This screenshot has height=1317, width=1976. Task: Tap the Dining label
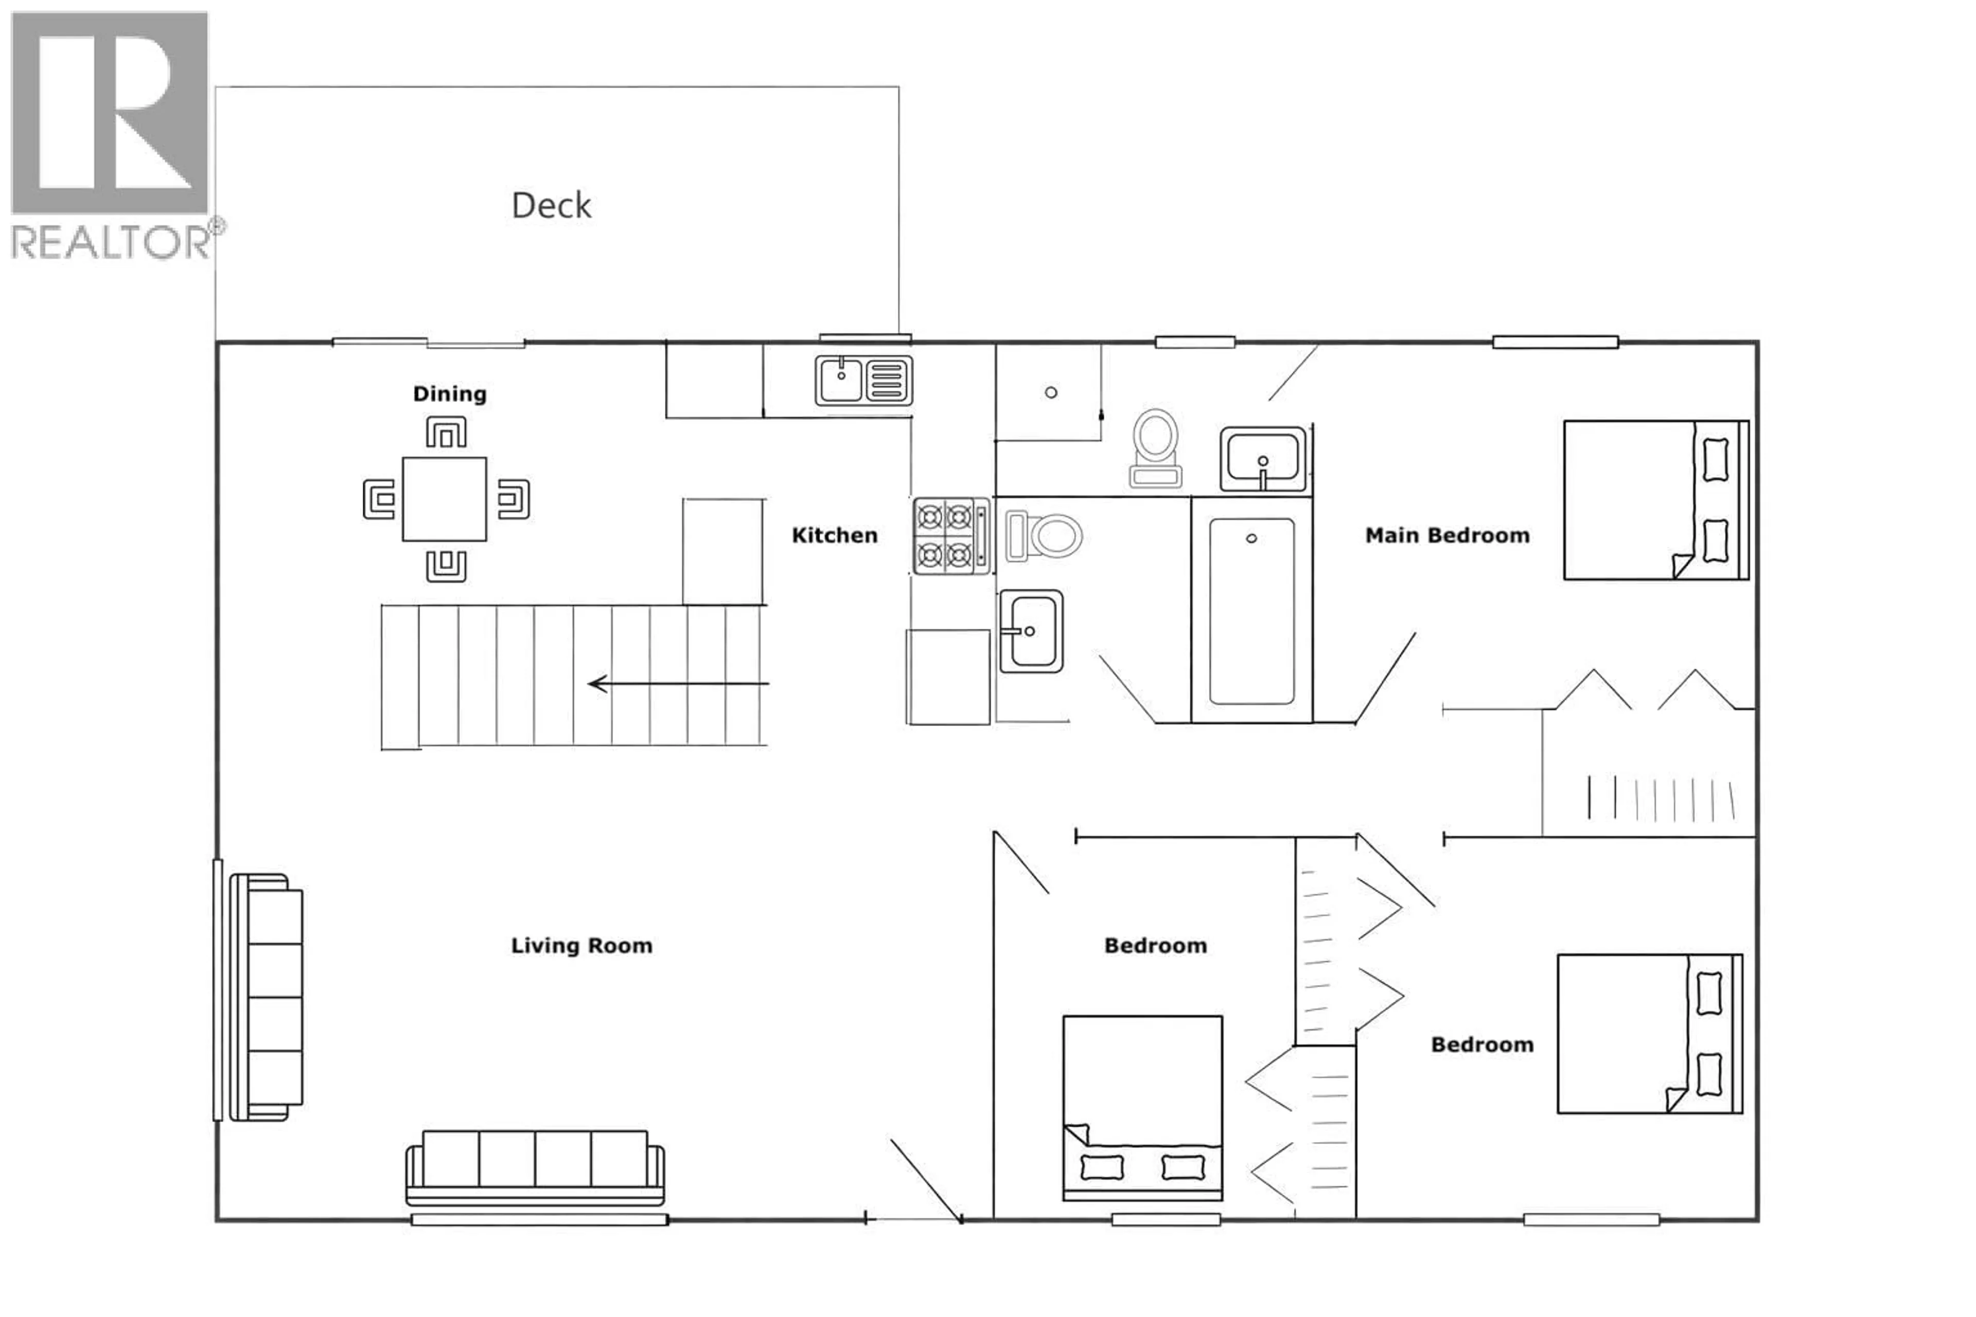[x=449, y=394]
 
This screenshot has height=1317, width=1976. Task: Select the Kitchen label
[x=834, y=535]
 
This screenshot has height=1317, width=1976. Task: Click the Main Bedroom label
[x=1446, y=535]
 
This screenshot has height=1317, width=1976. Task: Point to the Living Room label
[x=581, y=945]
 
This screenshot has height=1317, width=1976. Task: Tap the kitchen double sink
[x=863, y=381]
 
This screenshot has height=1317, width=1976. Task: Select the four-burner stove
[x=951, y=536]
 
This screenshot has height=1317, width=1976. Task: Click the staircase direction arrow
[x=676, y=684]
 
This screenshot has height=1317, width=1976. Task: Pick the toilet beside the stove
[x=1044, y=536]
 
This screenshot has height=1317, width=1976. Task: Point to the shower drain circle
[x=1050, y=392]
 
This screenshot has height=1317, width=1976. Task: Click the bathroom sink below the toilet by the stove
[x=1031, y=631]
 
